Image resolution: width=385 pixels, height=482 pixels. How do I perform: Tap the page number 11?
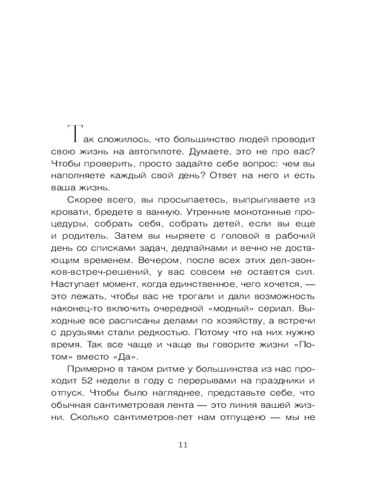(182, 444)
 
